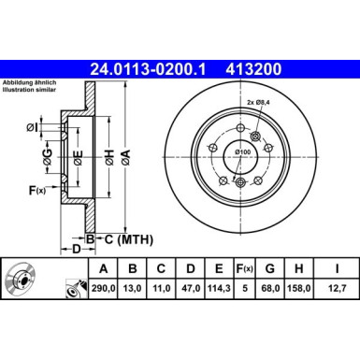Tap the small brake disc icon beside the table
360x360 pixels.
[x=22, y=280]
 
